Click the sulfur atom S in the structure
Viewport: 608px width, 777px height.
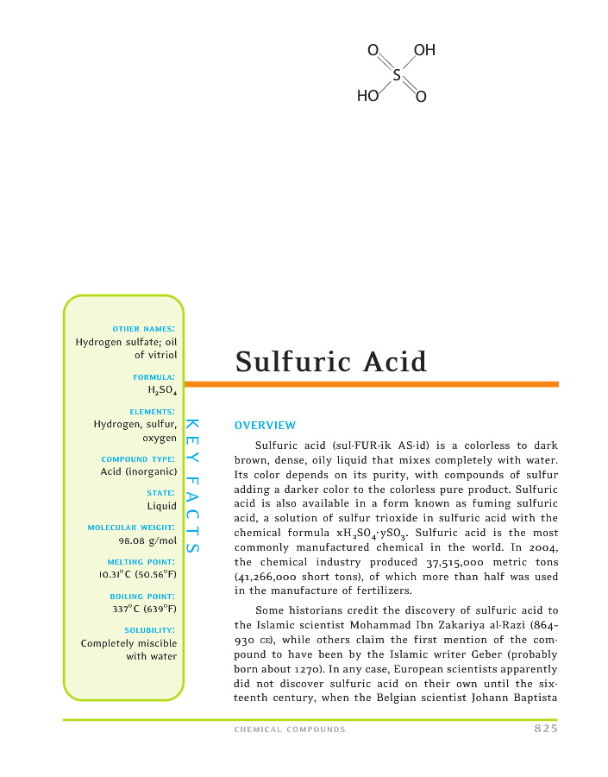tap(397, 74)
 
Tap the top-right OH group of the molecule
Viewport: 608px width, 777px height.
tap(424, 51)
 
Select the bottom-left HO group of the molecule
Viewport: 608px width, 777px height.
tap(368, 97)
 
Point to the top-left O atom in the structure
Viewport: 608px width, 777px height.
tap(373, 51)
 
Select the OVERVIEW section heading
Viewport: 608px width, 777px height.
tap(265, 426)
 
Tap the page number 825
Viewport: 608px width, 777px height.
tap(545, 730)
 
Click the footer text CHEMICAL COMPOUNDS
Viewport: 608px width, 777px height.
tap(290, 730)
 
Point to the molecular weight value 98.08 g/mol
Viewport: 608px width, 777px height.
tap(147, 540)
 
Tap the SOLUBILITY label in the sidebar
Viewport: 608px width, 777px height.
tap(151, 630)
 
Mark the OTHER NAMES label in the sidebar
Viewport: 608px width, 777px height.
tap(144, 329)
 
